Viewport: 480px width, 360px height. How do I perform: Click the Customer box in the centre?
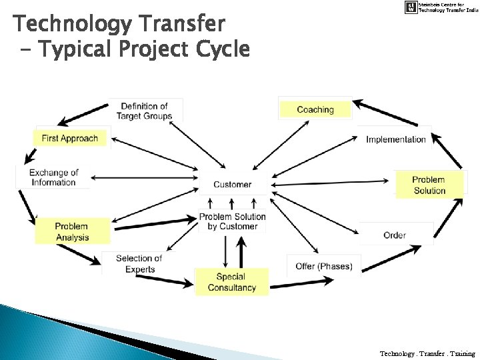click(x=232, y=184)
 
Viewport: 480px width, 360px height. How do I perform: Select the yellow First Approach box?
click(x=70, y=139)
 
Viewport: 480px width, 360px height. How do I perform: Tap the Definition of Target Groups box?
click(x=144, y=111)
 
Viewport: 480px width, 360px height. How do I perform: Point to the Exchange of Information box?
click(x=53, y=177)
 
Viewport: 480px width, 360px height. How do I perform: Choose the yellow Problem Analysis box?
click(x=71, y=231)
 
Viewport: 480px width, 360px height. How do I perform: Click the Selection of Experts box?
click(x=139, y=263)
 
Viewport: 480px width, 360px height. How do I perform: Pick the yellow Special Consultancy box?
click(x=231, y=282)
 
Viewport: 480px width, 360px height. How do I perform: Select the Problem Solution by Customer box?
click(x=232, y=221)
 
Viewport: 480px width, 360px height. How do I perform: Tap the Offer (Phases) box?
click(x=323, y=266)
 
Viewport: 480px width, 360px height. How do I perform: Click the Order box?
click(x=395, y=235)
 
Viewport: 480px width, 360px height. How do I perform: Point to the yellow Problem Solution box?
click(x=429, y=185)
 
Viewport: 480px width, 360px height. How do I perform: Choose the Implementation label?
click(x=396, y=139)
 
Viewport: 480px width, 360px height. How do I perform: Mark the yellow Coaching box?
click(x=315, y=109)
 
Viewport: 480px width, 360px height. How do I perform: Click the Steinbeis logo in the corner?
click(x=411, y=7)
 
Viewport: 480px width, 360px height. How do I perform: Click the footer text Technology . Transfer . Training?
click(x=427, y=353)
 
